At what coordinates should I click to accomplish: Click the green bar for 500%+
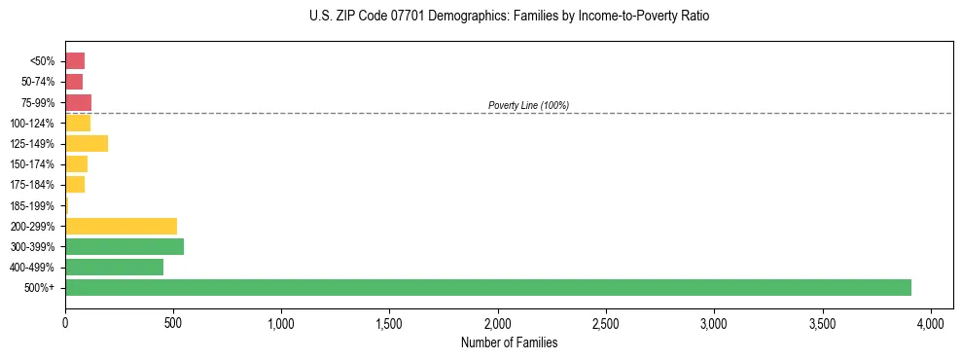(x=487, y=287)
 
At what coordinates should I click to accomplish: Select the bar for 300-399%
(x=125, y=246)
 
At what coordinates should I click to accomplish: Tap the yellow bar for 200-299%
(x=121, y=226)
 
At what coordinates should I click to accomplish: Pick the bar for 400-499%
(x=114, y=267)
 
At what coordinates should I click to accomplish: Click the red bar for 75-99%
(x=78, y=102)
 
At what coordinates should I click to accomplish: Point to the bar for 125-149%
(x=87, y=144)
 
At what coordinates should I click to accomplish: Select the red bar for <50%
(x=75, y=61)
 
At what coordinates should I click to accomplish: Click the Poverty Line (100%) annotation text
(x=528, y=105)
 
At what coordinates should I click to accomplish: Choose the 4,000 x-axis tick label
(x=931, y=322)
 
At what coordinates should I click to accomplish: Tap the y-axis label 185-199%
(x=32, y=205)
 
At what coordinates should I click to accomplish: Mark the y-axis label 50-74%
(x=38, y=82)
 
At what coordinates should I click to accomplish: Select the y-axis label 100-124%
(x=32, y=124)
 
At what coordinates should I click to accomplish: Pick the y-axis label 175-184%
(x=32, y=185)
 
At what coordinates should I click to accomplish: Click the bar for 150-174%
(x=76, y=164)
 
